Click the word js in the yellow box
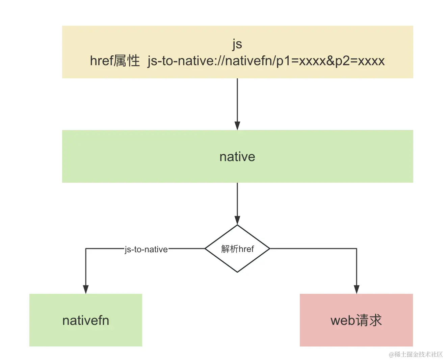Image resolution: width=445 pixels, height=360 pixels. pyautogui.click(x=237, y=44)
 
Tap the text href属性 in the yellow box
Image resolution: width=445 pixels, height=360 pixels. pyautogui.click(x=115, y=61)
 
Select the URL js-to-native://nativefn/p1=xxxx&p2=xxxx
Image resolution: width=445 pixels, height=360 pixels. pyautogui.click(x=266, y=61)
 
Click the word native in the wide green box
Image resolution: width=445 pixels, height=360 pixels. pyautogui.click(x=237, y=157)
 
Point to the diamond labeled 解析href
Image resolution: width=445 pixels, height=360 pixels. pyautogui.click(x=237, y=249)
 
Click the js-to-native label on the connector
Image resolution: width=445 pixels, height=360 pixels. pyautogui.click(x=146, y=249)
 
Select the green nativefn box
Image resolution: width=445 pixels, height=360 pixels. pyautogui.click(x=86, y=320)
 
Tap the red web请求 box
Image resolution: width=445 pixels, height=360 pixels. pyautogui.click(x=356, y=320)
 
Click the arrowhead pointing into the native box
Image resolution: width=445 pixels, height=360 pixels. pyautogui.click(x=237, y=125)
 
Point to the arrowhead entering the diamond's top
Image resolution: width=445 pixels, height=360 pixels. pyautogui.click(x=237, y=220)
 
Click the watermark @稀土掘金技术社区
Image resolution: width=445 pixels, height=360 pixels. pyautogui.click(x=416, y=354)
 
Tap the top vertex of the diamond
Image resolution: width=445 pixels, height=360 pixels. pyautogui.click(x=237, y=225)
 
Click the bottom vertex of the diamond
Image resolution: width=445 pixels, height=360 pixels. pyautogui.click(x=237, y=272)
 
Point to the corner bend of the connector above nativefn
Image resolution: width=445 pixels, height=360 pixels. pyautogui.click(x=86, y=249)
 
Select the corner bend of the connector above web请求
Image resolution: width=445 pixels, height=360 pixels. pyautogui.click(x=357, y=249)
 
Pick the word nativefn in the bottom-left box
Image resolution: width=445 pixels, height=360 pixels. pyautogui.click(x=86, y=320)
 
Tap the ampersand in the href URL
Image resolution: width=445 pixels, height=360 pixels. pyautogui.click(x=330, y=61)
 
